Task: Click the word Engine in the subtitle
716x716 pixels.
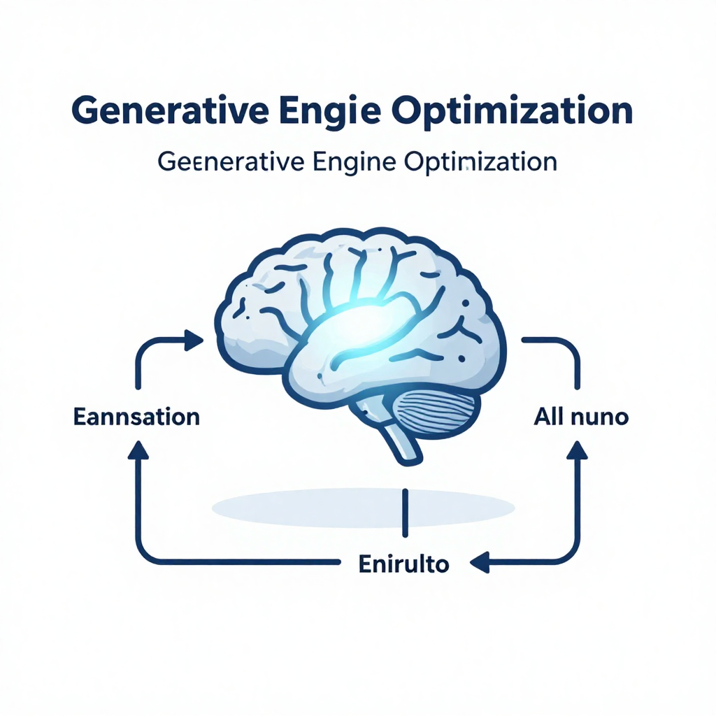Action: pos(355,163)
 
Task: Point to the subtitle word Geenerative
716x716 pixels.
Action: pos(231,162)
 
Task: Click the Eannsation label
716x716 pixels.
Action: pos(136,417)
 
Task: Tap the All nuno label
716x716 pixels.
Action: pos(581,417)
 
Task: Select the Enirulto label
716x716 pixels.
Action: pos(403,564)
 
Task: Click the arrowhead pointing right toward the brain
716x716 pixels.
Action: pos(194,341)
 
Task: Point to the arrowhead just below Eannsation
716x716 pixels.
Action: pos(138,450)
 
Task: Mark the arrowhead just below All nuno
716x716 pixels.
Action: pos(577,450)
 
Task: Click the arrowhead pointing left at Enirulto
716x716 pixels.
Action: pos(480,562)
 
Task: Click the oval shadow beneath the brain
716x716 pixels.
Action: pos(364,508)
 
